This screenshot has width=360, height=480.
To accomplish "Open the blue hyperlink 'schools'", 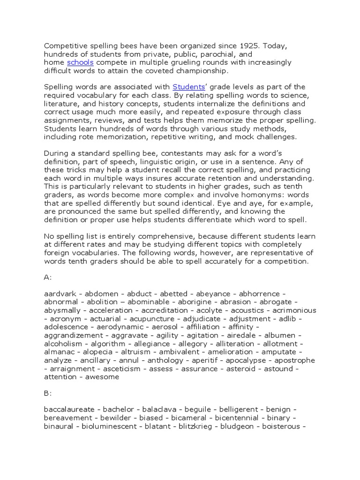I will point(80,62).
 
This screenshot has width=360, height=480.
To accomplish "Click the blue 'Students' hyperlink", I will point(189,87).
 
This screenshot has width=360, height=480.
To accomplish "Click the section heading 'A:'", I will point(48,277).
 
